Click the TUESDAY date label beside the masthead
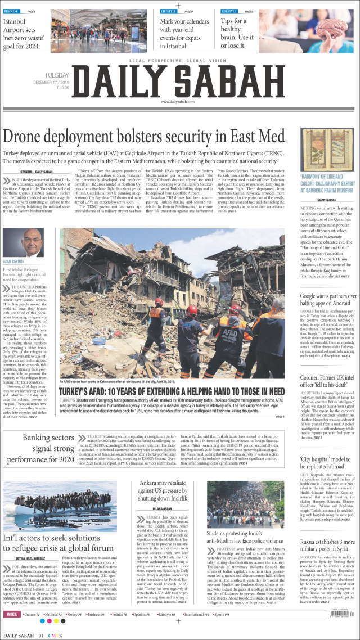point(58,75)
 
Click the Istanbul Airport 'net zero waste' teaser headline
point(22,34)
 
